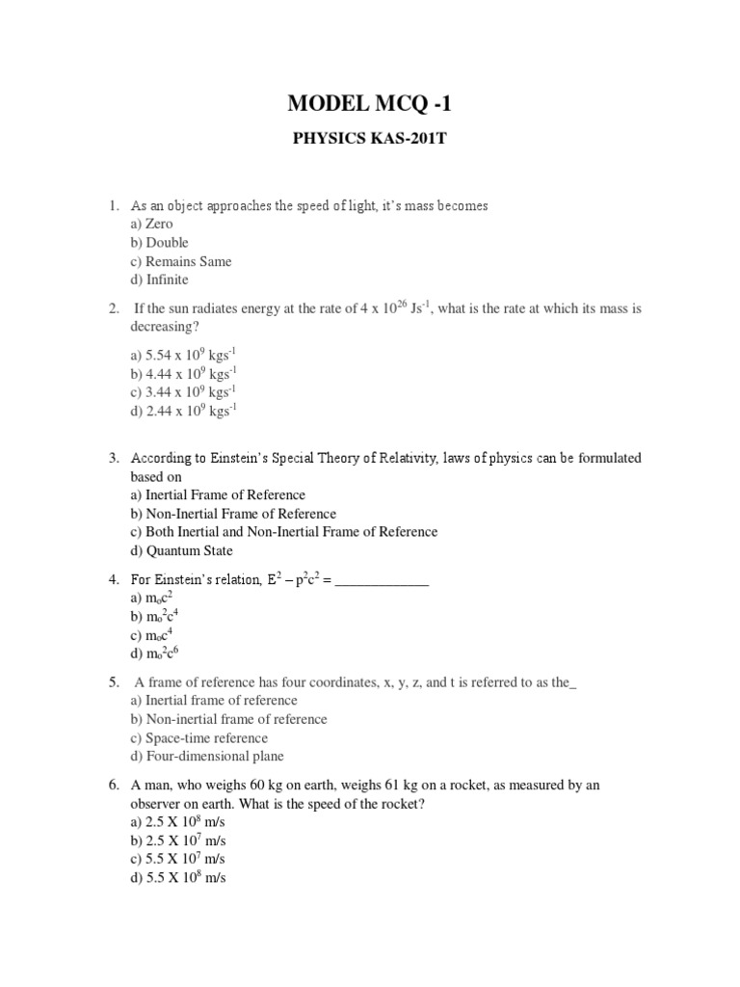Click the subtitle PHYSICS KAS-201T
370,139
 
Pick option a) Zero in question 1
151,224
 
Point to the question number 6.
113,786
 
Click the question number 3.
113,458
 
